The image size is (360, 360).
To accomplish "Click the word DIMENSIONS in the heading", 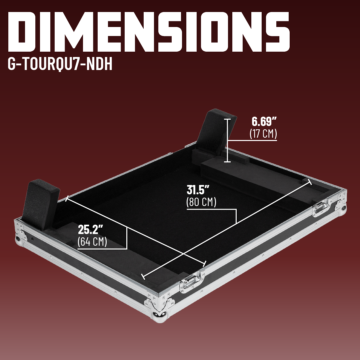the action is (x=149, y=32).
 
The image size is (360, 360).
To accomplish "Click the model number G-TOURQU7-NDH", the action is (x=60, y=64).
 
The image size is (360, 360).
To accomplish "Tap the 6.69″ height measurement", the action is (x=264, y=121).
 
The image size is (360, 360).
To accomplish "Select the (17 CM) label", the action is (x=263, y=134).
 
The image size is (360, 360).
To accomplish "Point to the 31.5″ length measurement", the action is (x=198, y=190).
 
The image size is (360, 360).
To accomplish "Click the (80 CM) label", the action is (x=201, y=202).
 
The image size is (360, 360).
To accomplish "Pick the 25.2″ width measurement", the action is (x=90, y=229).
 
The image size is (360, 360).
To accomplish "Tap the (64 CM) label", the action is (x=92, y=242).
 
